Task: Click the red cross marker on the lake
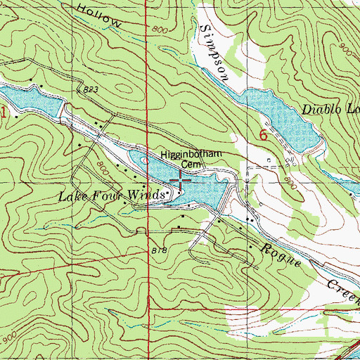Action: (181, 180)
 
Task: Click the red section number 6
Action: (264, 136)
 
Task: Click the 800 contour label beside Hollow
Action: (160, 29)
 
